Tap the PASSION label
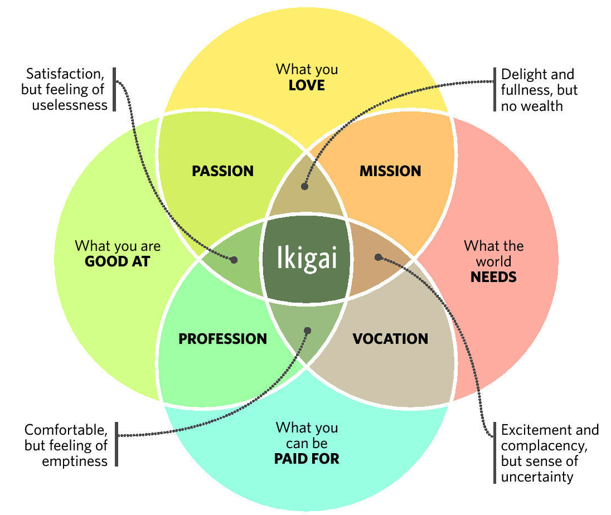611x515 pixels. coord(222,171)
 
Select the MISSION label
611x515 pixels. coord(390,171)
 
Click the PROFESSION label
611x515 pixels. coord(222,338)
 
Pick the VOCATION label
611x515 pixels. coord(390,338)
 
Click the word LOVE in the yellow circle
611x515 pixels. coord(307,86)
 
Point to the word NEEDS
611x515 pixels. coord(493,276)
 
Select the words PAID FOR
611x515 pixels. coord(307,459)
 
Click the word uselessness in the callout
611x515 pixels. coord(70,105)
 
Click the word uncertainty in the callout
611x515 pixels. coord(537,477)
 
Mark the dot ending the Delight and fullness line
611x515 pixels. coord(304,187)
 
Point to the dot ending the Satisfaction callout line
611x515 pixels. coord(234,260)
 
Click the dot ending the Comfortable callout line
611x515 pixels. coord(307,331)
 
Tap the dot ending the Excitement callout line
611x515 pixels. coord(378,257)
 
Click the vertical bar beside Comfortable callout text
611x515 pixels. coord(117,444)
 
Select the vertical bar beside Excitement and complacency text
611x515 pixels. coord(494,453)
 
